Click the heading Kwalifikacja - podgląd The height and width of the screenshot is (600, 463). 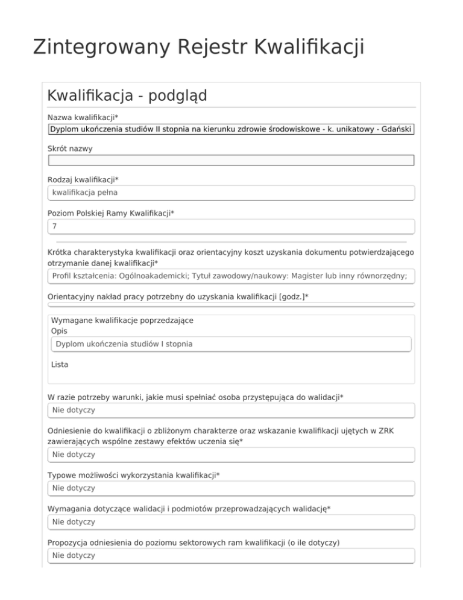click(127, 95)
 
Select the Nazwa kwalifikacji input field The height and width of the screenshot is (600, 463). click(231, 129)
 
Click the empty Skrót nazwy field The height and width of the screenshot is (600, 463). click(231, 160)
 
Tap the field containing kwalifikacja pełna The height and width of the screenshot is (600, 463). click(231, 193)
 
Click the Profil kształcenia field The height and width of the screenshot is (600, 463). click(231, 276)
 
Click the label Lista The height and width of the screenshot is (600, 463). click(60, 365)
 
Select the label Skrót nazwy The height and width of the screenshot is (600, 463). click(70, 147)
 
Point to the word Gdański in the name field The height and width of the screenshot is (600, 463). click(397, 129)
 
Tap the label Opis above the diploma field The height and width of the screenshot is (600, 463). click(60, 331)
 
